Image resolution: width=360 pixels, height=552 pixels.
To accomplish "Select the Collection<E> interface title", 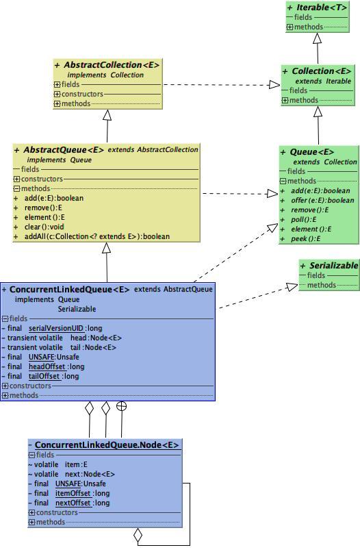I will [321, 71].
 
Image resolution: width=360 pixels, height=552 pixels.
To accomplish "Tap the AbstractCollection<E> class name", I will [111, 65].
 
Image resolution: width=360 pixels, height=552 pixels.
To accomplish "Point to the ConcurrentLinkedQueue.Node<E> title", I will [107, 445].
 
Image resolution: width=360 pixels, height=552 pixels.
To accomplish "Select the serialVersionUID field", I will [56, 328].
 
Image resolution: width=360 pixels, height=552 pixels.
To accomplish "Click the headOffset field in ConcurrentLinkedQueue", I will [47, 366].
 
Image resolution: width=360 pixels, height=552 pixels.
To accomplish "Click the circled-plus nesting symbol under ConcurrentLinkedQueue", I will [122, 406].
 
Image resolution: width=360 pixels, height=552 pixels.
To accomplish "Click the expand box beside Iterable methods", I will [290, 27].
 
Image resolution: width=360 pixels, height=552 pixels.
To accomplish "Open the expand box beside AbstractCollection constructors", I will [57, 94].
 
